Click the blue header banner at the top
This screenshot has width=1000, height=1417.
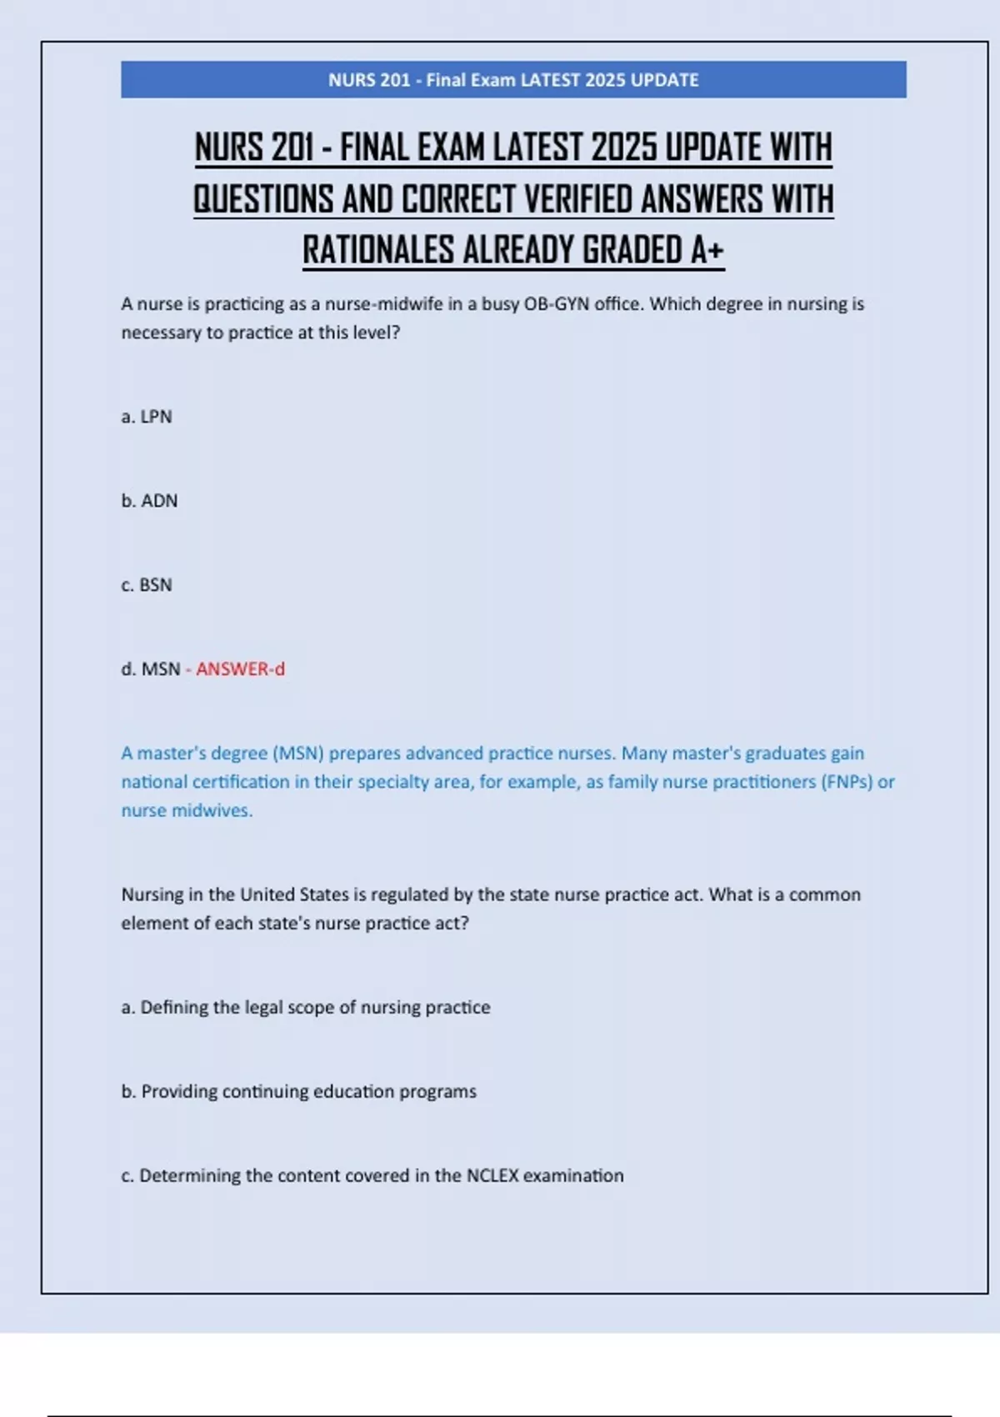(513, 80)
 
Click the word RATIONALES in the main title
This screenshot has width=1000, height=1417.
(377, 250)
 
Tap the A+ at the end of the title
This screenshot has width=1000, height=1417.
(707, 250)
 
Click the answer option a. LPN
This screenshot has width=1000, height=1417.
(147, 417)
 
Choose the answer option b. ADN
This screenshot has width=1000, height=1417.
(149, 501)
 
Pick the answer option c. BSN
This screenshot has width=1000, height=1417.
(147, 585)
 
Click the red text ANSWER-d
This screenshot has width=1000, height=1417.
(240, 669)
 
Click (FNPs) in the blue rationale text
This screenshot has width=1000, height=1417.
(847, 782)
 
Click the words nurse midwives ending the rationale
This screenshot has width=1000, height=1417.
(187, 810)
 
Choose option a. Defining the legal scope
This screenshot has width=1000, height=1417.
(306, 1008)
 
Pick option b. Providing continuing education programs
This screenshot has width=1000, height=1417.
(299, 1092)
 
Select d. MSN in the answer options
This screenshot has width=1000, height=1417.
(151, 669)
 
